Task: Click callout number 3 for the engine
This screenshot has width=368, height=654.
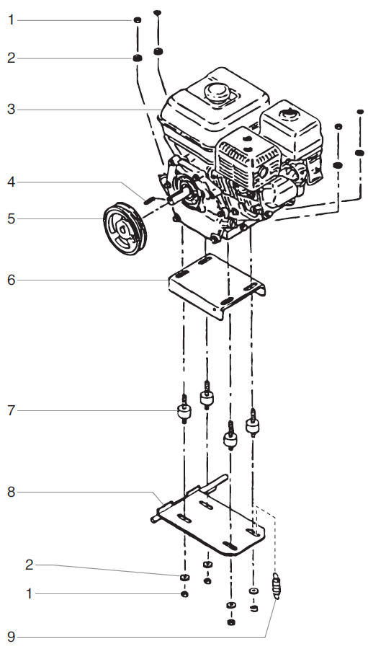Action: tap(11, 110)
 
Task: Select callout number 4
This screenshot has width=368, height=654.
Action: tap(11, 183)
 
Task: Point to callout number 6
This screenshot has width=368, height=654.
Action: tap(11, 279)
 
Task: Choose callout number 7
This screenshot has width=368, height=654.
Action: tap(11, 411)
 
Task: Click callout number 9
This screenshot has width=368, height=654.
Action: tap(11, 637)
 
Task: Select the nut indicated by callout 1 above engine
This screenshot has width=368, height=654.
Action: tap(135, 20)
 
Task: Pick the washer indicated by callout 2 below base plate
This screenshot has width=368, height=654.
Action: tap(184, 578)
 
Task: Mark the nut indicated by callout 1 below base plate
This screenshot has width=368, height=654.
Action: tap(184, 594)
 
